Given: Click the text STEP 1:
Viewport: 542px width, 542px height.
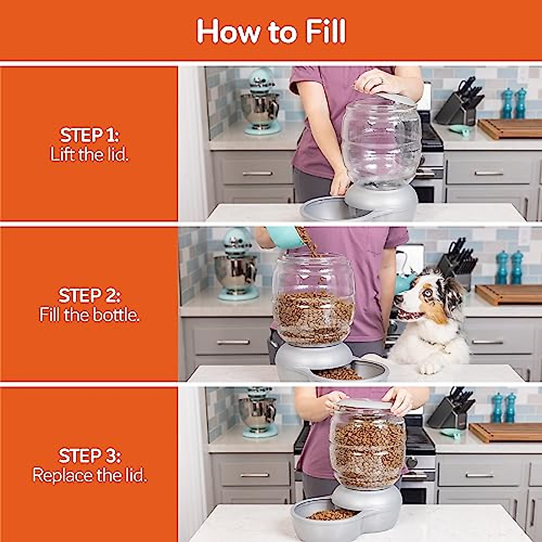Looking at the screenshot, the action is tap(89, 135).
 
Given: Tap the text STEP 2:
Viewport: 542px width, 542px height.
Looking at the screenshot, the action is tap(89, 295).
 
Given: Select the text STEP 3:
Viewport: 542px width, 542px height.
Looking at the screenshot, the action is tap(89, 456).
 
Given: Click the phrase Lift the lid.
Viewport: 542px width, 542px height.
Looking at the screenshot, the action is tap(89, 155).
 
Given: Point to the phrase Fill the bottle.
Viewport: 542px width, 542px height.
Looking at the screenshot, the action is tap(89, 315).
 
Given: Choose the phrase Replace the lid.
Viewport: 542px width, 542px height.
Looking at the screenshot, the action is tap(89, 475).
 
